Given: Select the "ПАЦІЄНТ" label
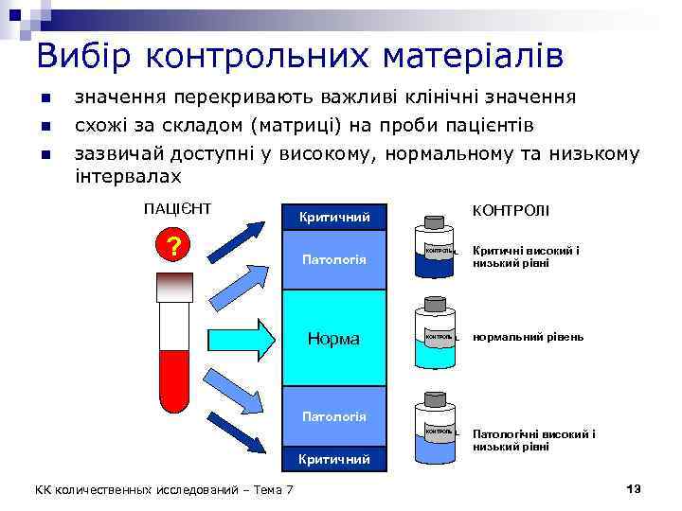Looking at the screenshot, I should [x=177, y=208].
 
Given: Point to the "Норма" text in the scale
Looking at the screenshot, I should [x=334, y=338].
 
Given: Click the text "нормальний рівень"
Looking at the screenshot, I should [x=529, y=337].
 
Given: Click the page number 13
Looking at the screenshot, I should [x=634, y=487].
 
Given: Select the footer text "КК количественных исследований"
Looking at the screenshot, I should [x=142, y=488].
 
